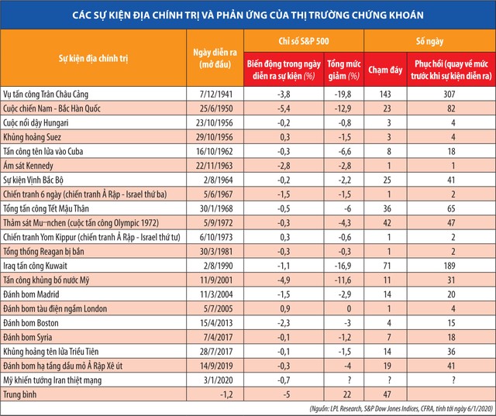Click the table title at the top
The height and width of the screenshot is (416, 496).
[x=248, y=15]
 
